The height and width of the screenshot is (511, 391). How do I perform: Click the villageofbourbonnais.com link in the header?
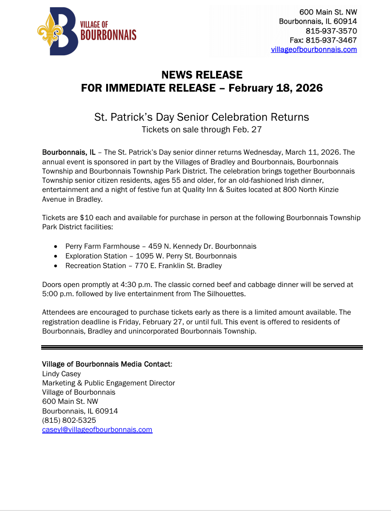(x=314, y=49)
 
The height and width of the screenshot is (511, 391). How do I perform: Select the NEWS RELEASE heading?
(x=202, y=75)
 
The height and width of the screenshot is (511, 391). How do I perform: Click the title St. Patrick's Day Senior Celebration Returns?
(x=202, y=117)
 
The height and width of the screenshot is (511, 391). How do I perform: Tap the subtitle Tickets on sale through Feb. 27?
(x=202, y=129)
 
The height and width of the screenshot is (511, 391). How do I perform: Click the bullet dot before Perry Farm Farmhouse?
(x=57, y=246)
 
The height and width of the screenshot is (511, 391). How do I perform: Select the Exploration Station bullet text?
(x=151, y=256)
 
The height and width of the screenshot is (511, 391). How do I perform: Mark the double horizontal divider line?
(x=202, y=347)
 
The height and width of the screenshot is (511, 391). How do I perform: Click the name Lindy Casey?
(x=62, y=374)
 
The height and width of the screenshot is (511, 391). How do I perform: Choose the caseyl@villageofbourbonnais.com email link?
(x=97, y=430)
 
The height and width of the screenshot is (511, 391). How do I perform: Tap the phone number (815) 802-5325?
(x=69, y=420)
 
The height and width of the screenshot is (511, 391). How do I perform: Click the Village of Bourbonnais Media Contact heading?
(x=106, y=364)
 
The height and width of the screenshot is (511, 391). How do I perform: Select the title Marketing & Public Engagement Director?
(x=109, y=383)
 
